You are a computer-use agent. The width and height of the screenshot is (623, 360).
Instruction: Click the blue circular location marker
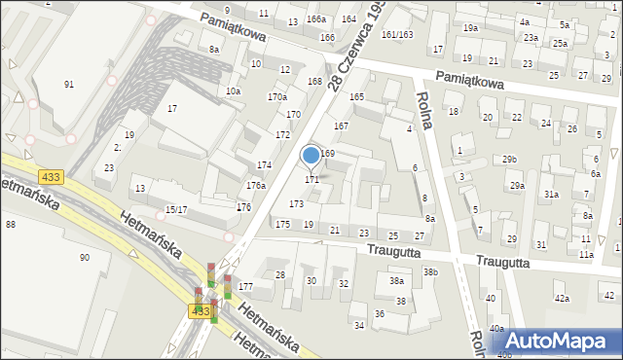(x=311, y=155)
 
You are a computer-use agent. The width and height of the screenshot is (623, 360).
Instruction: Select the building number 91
(x=69, y=85)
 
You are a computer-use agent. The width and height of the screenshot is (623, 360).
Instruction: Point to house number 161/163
(x=396, y=34)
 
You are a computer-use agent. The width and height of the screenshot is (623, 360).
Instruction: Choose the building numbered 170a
(x=277, y=97)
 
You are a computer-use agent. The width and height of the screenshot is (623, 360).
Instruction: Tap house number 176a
(x=255, y=185)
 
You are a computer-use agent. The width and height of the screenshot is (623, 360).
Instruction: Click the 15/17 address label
(x=175, y=209)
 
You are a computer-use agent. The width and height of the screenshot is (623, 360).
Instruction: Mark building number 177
(x=245, y=287)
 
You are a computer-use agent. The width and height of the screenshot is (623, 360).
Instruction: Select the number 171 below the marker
(x=311, y=180)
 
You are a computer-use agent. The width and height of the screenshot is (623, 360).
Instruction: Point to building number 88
(x=10, y=225)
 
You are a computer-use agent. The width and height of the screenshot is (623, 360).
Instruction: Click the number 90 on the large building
(x=85, y=257)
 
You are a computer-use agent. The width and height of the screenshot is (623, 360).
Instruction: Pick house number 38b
(x=430, y=272)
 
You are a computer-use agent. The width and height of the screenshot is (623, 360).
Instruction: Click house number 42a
(x=561, y=298)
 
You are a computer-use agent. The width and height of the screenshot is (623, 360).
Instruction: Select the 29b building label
(x=509, y=160)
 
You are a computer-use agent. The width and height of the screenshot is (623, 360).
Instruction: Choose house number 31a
(x=551, y=195)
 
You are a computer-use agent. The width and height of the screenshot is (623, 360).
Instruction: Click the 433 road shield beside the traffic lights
(x=200, y=311)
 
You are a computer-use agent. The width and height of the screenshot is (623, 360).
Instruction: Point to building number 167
(x=341, y=126)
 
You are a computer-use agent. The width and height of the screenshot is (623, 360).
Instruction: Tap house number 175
(x=282, y=225)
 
